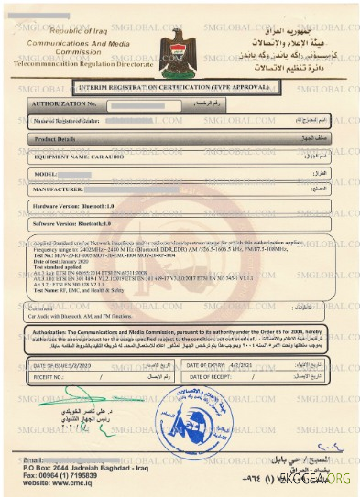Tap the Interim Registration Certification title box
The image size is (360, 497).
tap(179, 87)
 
